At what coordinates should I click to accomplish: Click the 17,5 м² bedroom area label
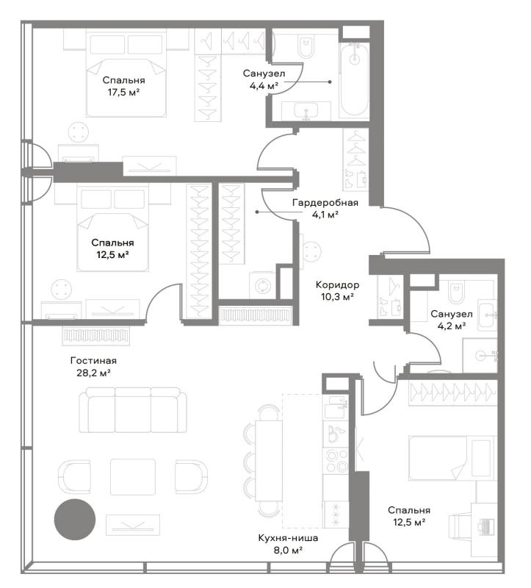(x=123, y=93)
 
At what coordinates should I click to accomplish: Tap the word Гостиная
(x=93, y=361)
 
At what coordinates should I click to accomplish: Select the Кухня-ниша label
(x=288, y=538)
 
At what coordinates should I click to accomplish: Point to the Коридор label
(x=337, y=285)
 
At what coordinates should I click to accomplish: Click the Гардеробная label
(x=325, y=203)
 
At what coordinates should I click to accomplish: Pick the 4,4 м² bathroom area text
(x=264, y=85)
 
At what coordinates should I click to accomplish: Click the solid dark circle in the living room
(x=75, y=520)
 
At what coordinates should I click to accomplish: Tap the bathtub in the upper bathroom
(x=354, y=80)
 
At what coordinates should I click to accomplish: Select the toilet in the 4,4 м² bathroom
(x=306, y=46)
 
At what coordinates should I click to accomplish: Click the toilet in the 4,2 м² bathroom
(x=455, y=292)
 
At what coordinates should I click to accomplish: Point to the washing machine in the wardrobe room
(x=262, y=286)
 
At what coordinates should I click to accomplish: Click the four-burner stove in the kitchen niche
(x=336, y=461)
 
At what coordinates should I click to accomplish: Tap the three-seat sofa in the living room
(x=133, y=410)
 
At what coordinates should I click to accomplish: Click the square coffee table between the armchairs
(x=133, y=477)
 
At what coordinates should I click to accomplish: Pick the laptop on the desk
(x=485, y=525)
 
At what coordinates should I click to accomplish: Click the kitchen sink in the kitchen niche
(x=336, y=407)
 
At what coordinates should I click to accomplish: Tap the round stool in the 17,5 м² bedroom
(x=79, y=132)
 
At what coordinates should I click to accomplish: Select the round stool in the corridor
(x=312, y=251)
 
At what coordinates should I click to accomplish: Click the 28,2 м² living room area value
(x=93, y=373)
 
